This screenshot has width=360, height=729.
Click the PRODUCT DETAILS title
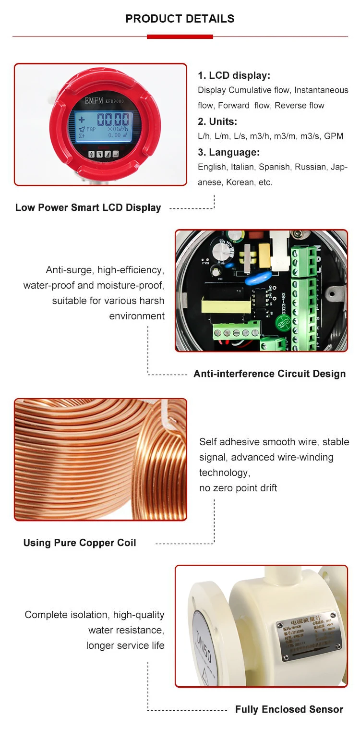click(180, 19)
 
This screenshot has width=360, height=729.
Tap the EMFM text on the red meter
click(96, 101)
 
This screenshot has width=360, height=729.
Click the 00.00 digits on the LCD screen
click(113, 120)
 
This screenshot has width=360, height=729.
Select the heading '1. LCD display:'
click(234, 75)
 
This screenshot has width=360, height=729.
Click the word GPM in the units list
click(334, 136)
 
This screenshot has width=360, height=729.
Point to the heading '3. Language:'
click(228, 152)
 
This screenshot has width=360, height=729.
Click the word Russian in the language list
click(311, 167)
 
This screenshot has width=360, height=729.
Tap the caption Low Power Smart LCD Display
click(88, 207)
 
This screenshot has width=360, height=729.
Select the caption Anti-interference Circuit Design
click(269, 374)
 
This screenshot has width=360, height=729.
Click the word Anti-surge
click(70, 270)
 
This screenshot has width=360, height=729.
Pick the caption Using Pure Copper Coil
click(80, 543)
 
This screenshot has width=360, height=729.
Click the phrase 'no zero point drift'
click(238, 488)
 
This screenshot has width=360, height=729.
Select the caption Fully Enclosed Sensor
click(289, 709)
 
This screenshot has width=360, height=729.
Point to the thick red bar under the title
click(180, 36)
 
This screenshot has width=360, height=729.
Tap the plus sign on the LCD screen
click(81, 119)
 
